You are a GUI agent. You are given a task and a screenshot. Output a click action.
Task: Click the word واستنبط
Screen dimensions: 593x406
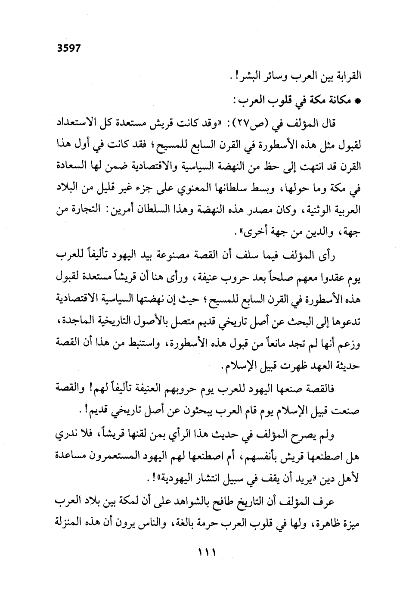point(149,344)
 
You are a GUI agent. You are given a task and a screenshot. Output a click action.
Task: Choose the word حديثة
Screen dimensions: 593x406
point(347,366)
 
